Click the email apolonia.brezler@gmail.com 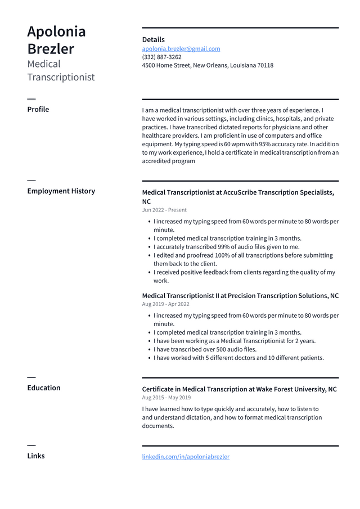181,49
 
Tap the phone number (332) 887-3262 161,57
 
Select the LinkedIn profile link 186,457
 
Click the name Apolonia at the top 56,31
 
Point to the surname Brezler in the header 51,49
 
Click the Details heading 153,39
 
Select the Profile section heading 38,109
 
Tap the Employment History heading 61,191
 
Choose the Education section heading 43,388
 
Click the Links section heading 35,456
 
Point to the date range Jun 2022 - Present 164,210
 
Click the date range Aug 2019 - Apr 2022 165,304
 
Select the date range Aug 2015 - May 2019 166,398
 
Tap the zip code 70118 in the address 265,65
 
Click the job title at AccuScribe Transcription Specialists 238,192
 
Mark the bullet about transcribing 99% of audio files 227,247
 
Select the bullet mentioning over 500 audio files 205,349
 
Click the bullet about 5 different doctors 238,358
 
